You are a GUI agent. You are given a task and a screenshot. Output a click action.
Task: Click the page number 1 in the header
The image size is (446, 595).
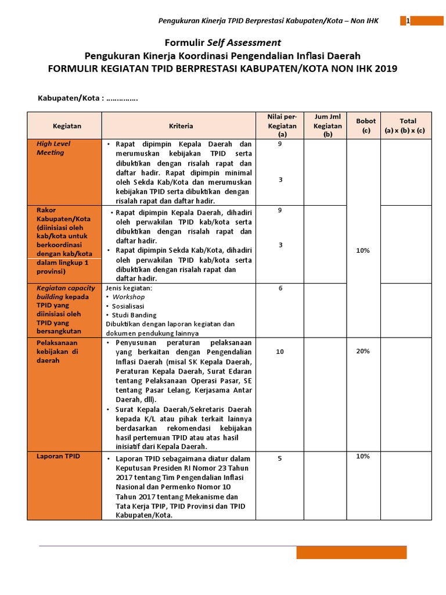pyautogui.click(x=408, y=21)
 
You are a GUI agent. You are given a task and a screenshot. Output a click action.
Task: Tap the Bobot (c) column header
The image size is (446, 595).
pyautogui.click(x=366, y=126)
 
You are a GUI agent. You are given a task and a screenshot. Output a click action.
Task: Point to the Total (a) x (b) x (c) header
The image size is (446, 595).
pyautogui.click(x=405, y=126)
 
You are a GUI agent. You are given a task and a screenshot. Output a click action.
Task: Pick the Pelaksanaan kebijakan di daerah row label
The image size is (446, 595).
pyautogui.click(x=57, y=352)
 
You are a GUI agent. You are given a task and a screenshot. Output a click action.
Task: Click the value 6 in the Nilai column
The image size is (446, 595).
pyautogui.click(x=280, y=288)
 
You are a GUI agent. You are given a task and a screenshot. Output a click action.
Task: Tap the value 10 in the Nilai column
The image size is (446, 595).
pyautogui.click(x=280, y=352)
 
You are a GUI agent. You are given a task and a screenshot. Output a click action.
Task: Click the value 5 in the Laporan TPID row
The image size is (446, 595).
pyautogui.click(x=279, y=458)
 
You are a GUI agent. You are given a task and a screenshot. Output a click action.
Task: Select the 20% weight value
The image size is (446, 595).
pyautogui.click(x=363, y=351)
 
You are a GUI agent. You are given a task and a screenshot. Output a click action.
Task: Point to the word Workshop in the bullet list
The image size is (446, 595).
pyautogui.click(x=129, y=297)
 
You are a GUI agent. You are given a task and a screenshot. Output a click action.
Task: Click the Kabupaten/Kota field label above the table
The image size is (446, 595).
pyautogui.click(x=70, y=98)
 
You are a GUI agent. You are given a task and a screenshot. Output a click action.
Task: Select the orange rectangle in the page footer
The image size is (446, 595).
pyautogui.click(x=351, y=552)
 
